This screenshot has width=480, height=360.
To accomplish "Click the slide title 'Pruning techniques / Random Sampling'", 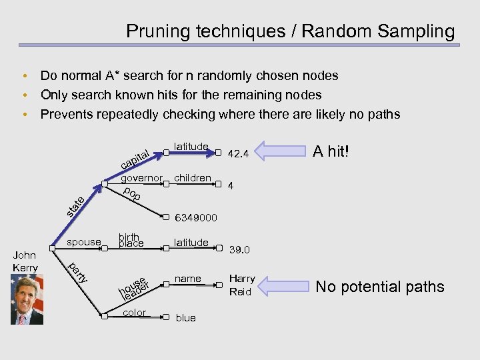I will point(290,31).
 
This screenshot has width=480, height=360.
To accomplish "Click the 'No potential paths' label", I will point(379,287).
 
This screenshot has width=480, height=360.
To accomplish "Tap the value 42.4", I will point(238,154).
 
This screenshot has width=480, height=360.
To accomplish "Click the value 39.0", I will point(239,250).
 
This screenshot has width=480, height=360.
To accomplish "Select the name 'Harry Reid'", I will point(242,285).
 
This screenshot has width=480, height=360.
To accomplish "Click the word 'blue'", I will point(185,318).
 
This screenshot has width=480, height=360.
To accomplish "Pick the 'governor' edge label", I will point(141,179).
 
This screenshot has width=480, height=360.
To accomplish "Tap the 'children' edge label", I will point(193,178).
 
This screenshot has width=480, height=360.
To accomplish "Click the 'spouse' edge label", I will point(84,242).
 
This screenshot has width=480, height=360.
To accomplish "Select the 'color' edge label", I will point(135,312).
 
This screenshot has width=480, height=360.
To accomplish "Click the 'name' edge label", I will point(187,278).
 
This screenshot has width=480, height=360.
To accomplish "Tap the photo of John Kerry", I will point(27,299).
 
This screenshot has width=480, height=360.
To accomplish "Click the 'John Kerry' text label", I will point(25,261).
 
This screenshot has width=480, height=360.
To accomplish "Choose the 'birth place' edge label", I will point(131,240).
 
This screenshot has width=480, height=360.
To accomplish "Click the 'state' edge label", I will point(75,207).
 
